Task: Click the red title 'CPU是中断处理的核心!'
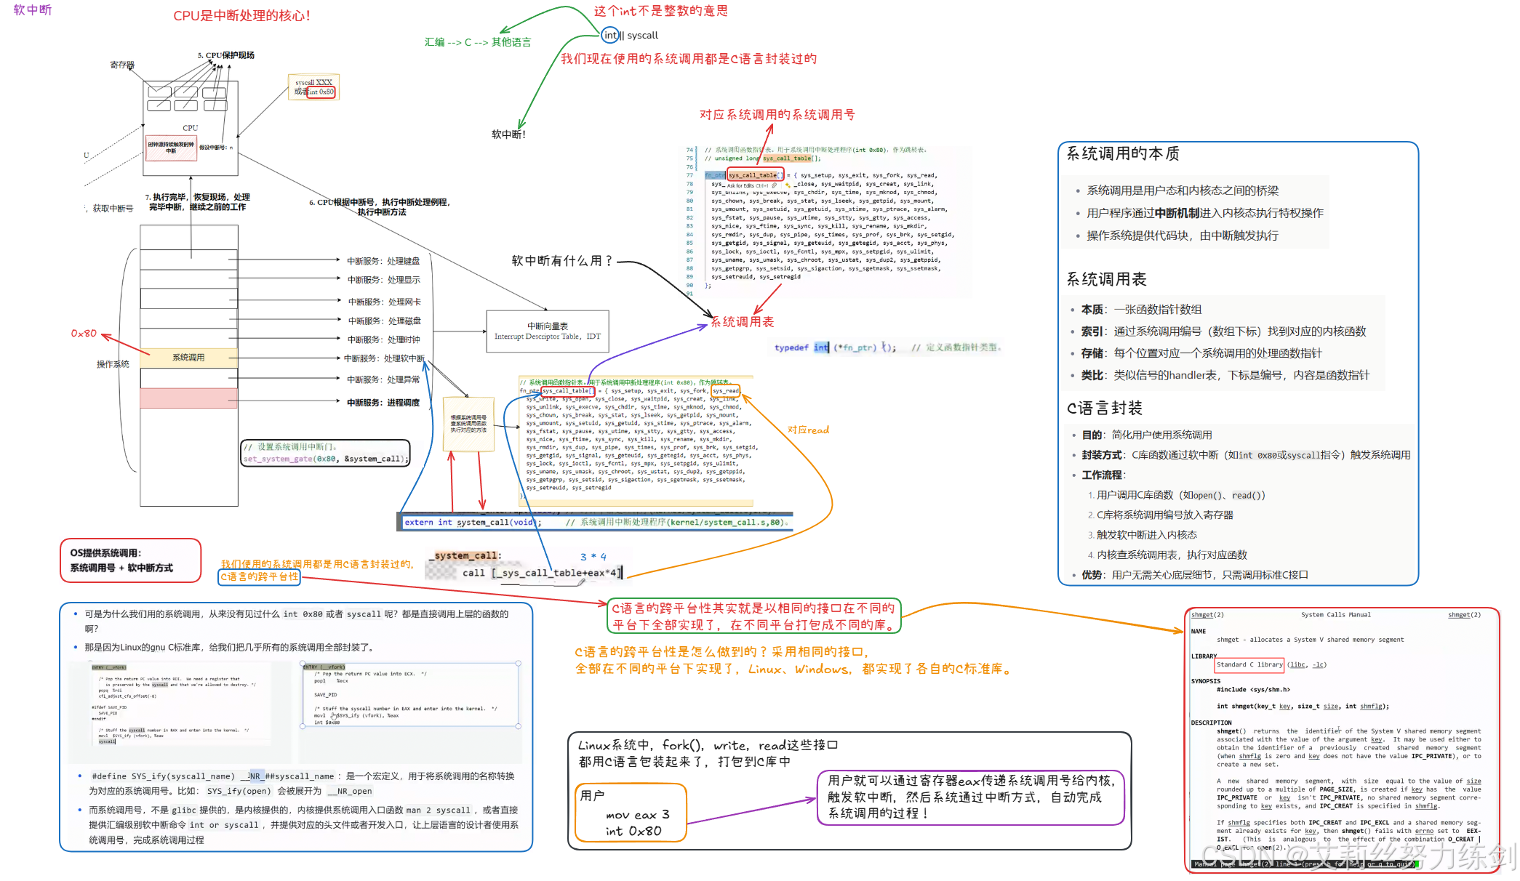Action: click(241, 16)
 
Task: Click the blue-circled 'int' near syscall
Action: click(610, 35)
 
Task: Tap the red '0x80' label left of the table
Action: click(84, 333)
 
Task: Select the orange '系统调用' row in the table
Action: click(188, 357)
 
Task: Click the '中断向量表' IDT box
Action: click(547, 331)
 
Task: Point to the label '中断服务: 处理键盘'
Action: click(383, 261)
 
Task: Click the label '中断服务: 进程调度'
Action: click(383, 402)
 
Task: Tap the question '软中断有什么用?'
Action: click(561, 260)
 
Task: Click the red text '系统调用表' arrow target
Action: click(742, 322)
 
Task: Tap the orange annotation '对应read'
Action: click(808, 430)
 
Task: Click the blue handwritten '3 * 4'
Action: click(593, 557)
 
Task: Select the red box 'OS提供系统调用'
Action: click(130, 560)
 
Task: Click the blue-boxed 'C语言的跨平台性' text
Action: click(260, 576)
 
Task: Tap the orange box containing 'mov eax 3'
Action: click(631, 813)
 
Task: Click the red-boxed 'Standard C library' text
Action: click(1249, 664)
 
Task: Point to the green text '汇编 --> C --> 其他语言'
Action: click(478, 42)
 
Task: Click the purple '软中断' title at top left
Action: click(33, 10)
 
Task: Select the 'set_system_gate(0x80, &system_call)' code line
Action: click(326, 459)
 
